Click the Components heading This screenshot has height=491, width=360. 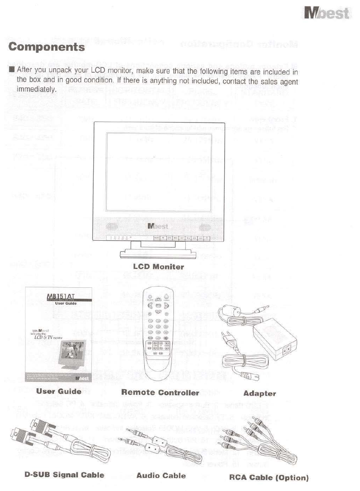(47, 47)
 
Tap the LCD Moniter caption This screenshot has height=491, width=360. (159, 267)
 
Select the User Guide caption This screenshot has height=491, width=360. (58, 392)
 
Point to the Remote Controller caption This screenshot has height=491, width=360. (160, 392)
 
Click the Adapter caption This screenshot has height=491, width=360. (259, 393)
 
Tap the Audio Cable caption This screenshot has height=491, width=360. (161, 475)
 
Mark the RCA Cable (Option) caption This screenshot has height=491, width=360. (269, 477)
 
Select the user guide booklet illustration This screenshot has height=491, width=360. (58, 334)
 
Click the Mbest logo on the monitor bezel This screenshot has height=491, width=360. (159, 226)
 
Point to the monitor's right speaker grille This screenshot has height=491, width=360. (205, 226)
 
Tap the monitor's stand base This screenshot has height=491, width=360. (159, 255)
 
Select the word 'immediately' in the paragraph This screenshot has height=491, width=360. (36, 89)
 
